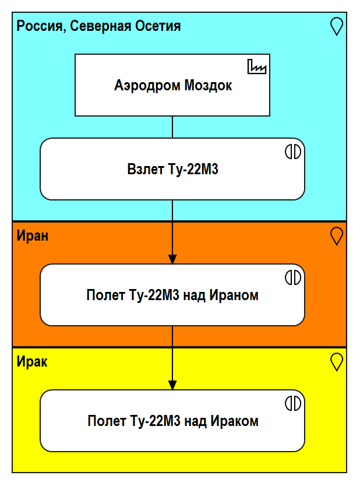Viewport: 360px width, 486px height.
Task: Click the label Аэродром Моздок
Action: [173, 86]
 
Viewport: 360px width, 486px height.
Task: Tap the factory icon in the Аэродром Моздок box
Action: [256, 67]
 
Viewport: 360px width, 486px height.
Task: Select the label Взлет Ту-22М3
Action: [172, 170]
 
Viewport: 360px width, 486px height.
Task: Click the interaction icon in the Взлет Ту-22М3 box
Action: [292, 152]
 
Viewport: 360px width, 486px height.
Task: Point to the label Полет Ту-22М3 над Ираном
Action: [172, 295]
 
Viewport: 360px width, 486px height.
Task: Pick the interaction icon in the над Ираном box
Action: [292, 277]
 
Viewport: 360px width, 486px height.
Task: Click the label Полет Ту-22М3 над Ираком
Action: [172, 421]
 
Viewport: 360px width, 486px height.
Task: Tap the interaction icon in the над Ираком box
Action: [292, 403]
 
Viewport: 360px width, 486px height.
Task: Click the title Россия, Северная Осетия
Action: [98, 26]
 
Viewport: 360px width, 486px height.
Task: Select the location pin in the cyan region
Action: [336, 26]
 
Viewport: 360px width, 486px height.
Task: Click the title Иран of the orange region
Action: [33, 236]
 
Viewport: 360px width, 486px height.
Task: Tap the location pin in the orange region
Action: [336, 235]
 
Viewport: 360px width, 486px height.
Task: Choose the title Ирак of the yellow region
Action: [32, 362]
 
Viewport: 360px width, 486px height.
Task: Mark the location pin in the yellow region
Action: [336, 361]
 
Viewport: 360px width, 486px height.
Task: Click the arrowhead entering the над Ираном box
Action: [172, 259]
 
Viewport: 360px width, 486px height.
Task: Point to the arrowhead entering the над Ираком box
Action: [172, 385]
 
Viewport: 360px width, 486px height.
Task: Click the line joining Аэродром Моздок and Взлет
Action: [172, 127]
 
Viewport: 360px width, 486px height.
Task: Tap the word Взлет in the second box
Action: [142, 170]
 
